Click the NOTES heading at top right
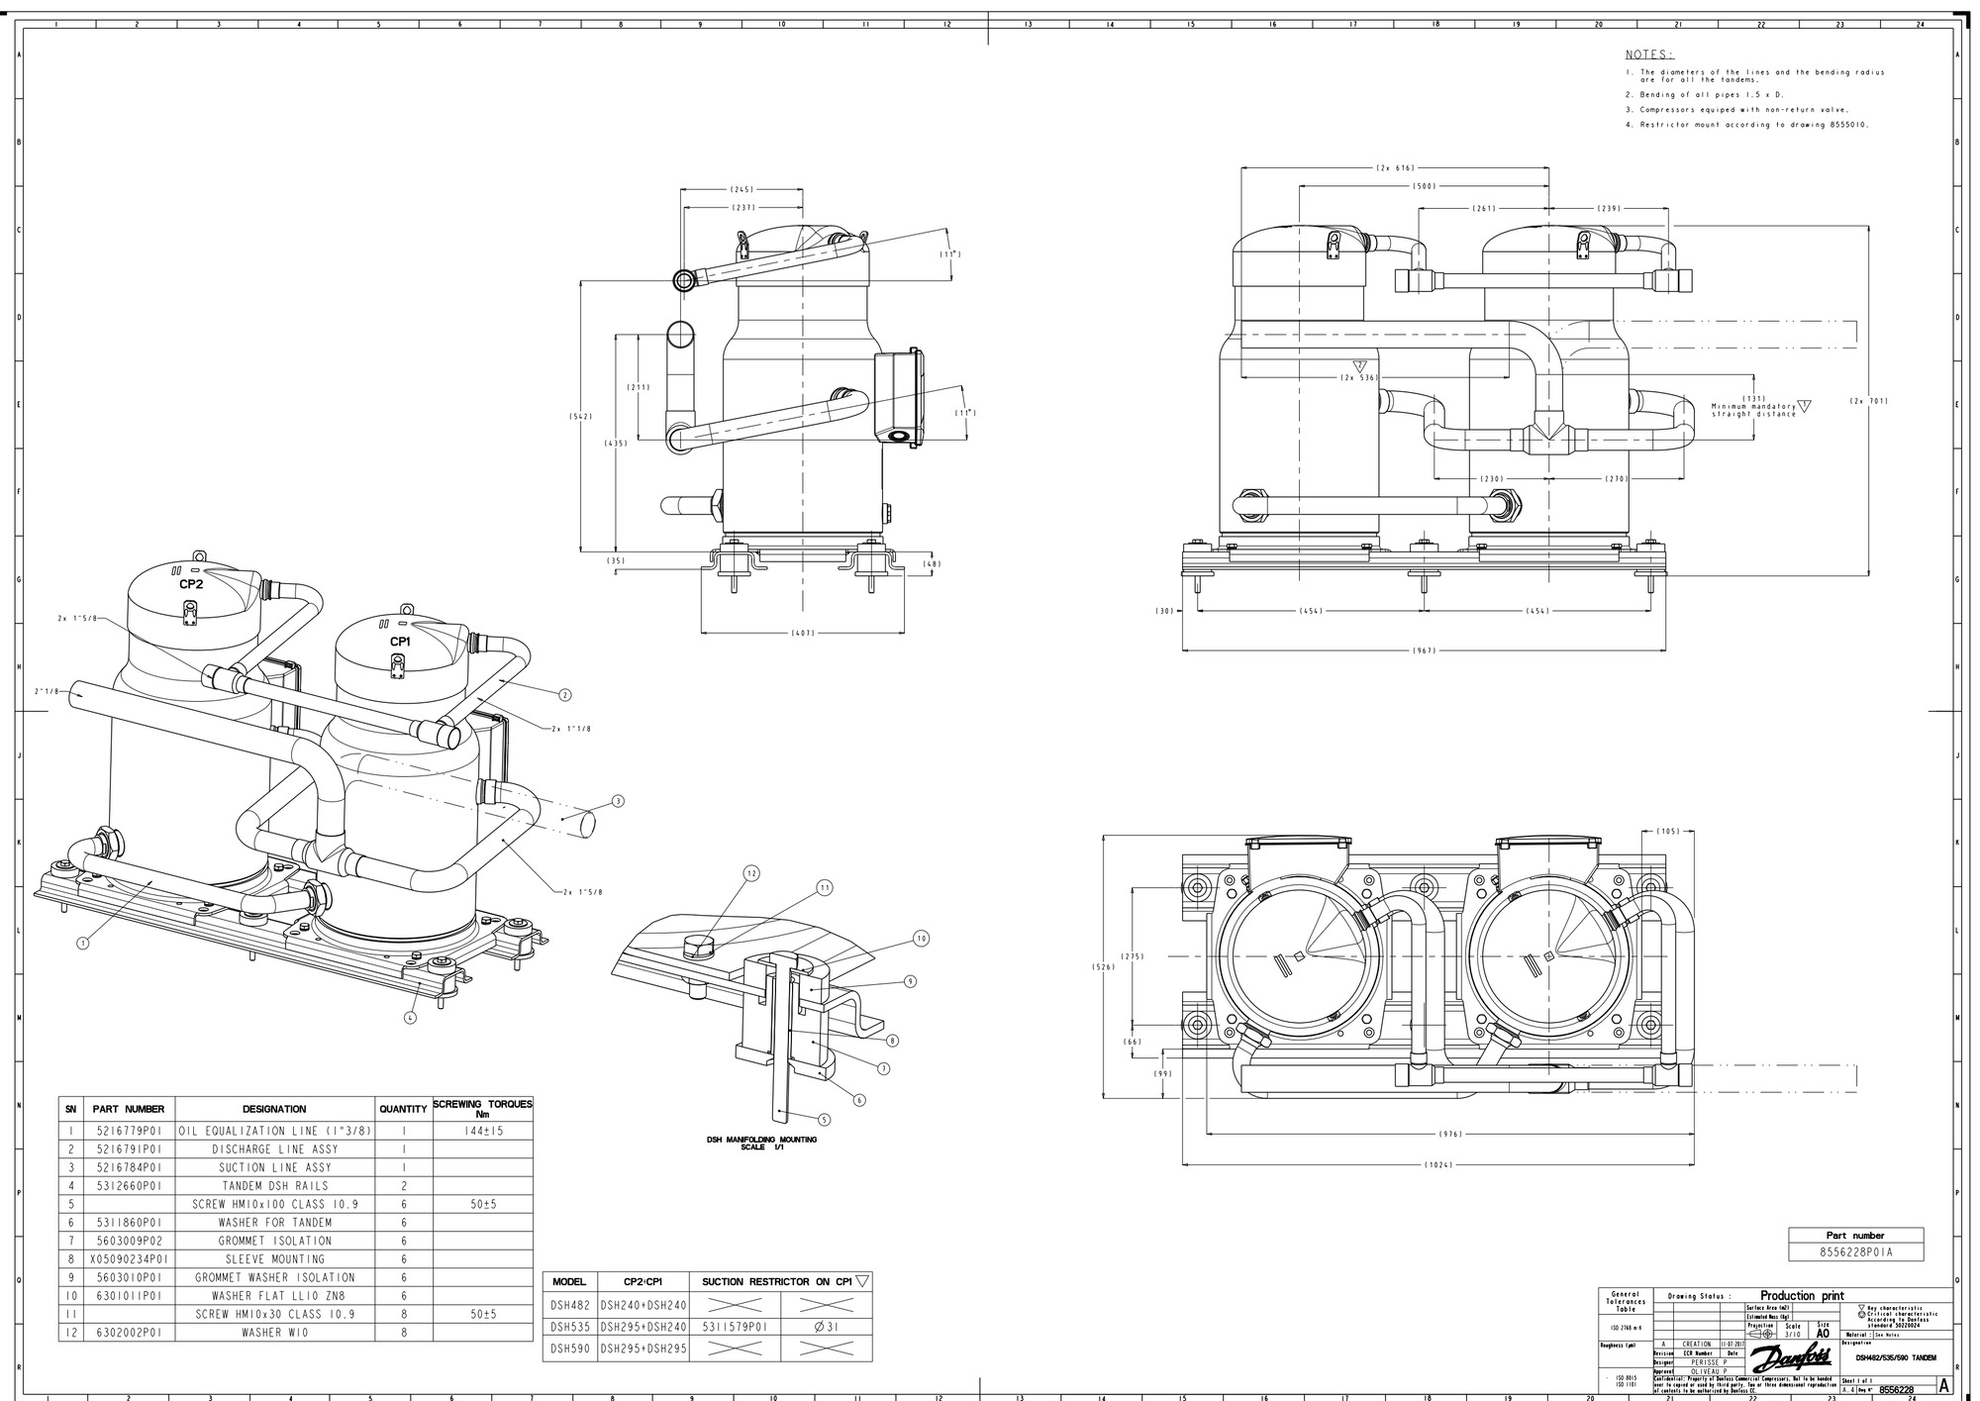(1649, 54)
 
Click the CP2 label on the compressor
(191, 584)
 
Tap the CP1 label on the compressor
(400, 642)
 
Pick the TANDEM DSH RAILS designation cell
(274, 1185)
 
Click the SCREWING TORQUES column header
(482, 1108)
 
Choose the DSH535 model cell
(570, 1327)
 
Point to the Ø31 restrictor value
(826, 1327)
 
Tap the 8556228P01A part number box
(1855, 1252)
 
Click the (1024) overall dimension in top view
(1437, 1165)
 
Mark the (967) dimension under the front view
(1423, 650)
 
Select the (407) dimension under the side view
(802, 632)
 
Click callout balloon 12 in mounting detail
(751, 873)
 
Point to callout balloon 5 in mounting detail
(825, 1120)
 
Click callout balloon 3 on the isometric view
(618, 800)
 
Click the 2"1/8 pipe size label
(47, 691)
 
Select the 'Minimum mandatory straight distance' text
(1753, 410)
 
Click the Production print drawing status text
(1802, 1295)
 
